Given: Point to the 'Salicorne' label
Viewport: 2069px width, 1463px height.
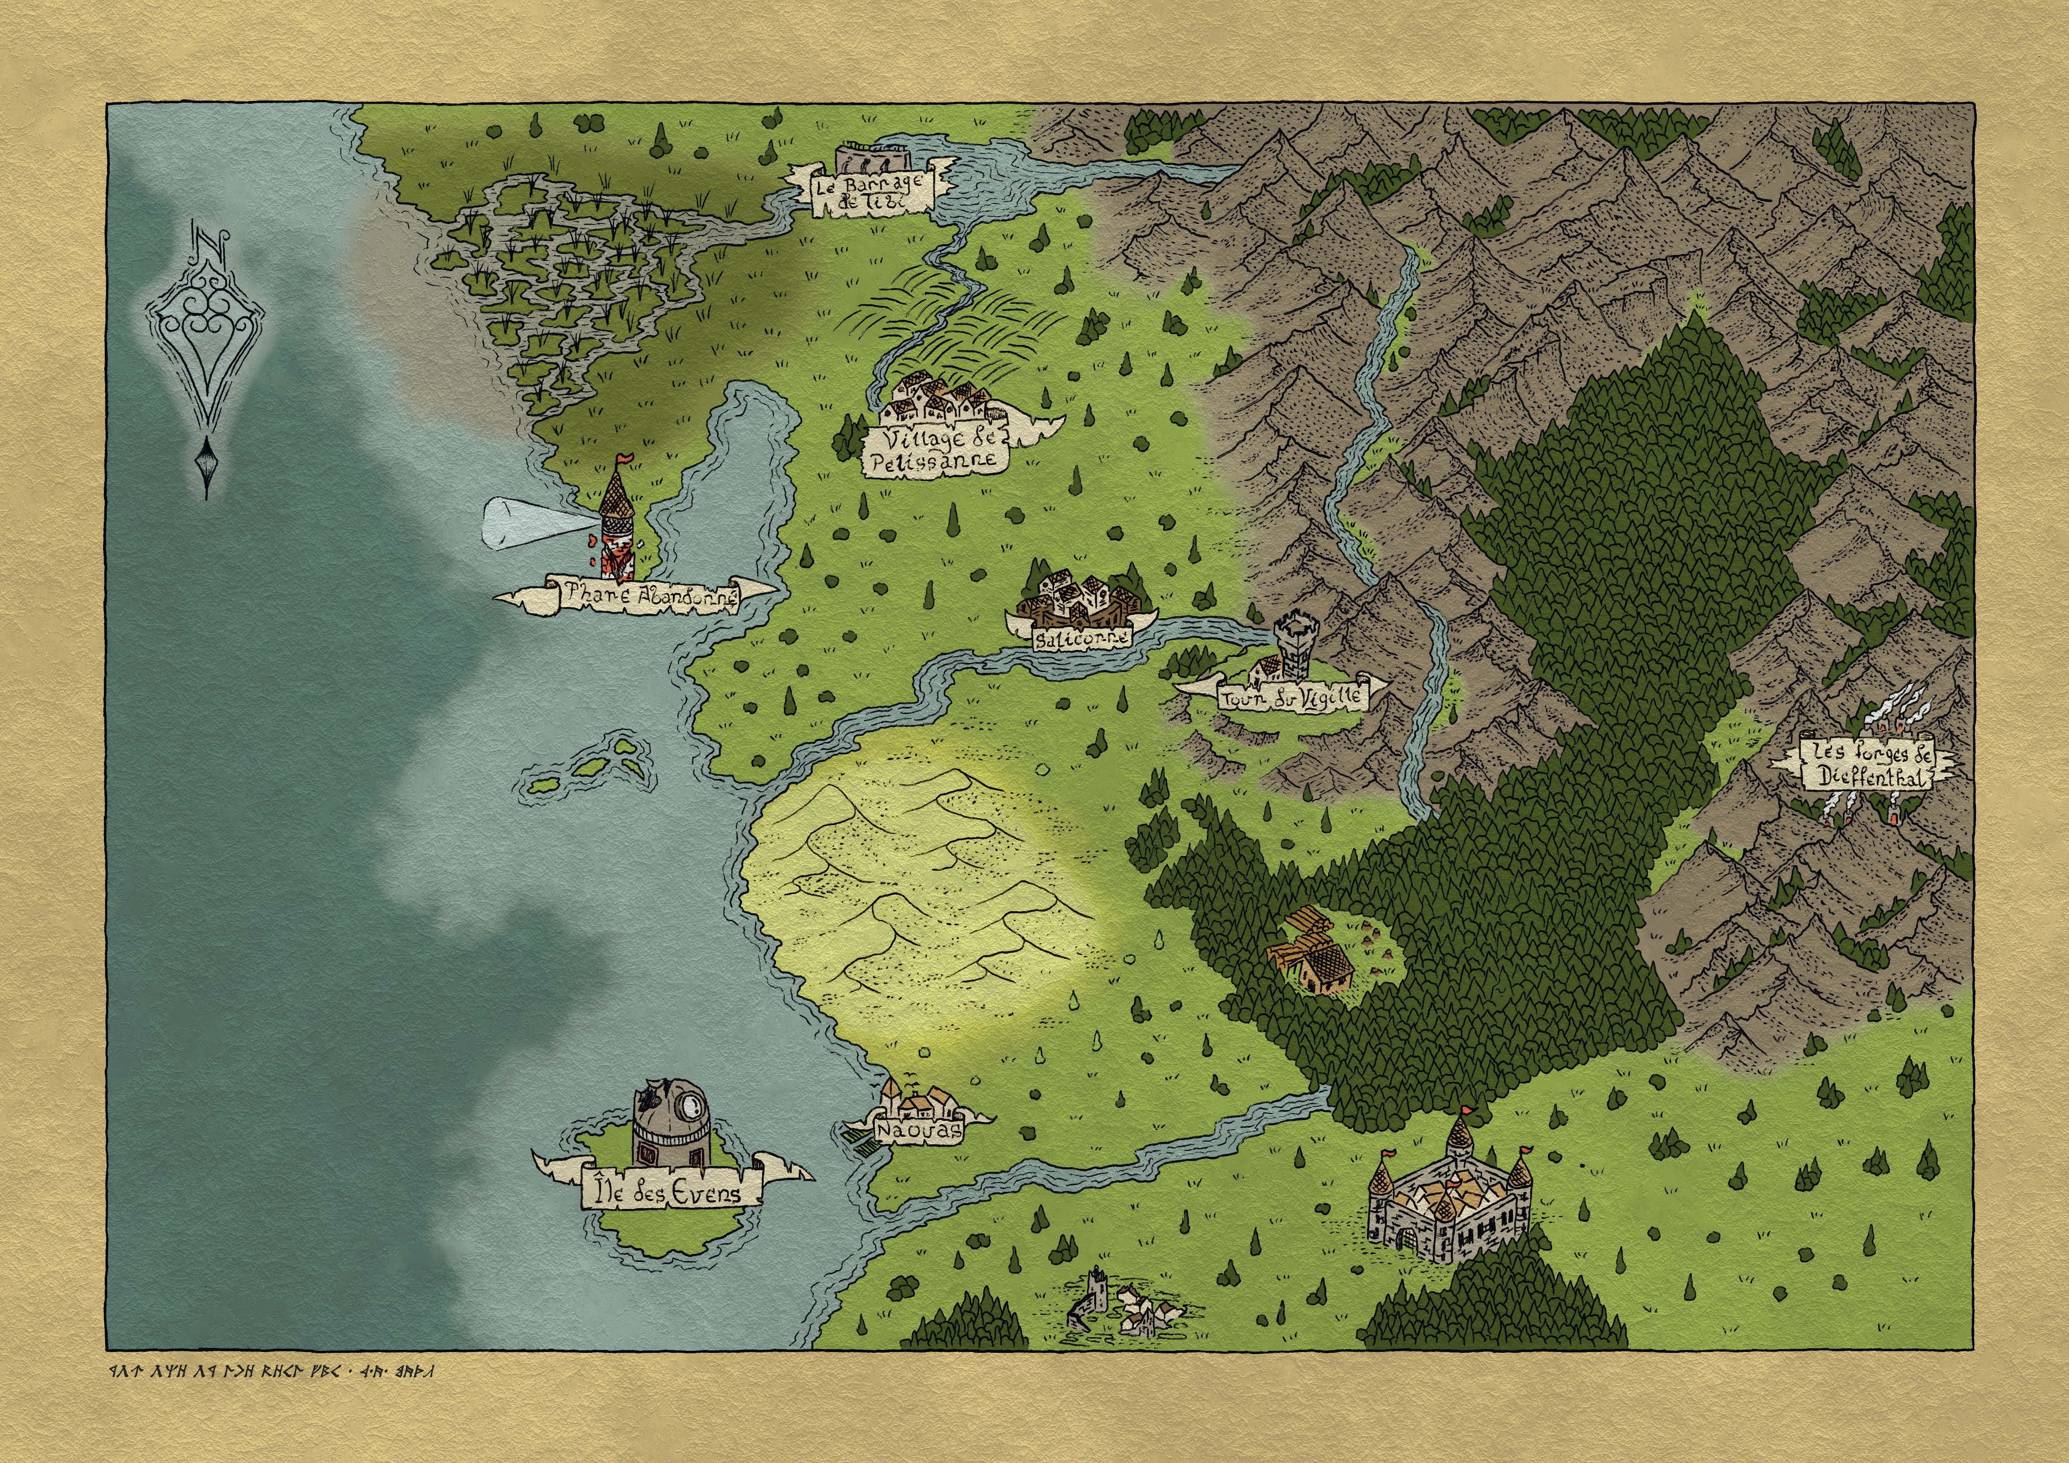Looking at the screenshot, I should (x=1070, y=638).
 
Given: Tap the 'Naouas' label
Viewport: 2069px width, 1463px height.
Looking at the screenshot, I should (x=917, y=1131).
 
